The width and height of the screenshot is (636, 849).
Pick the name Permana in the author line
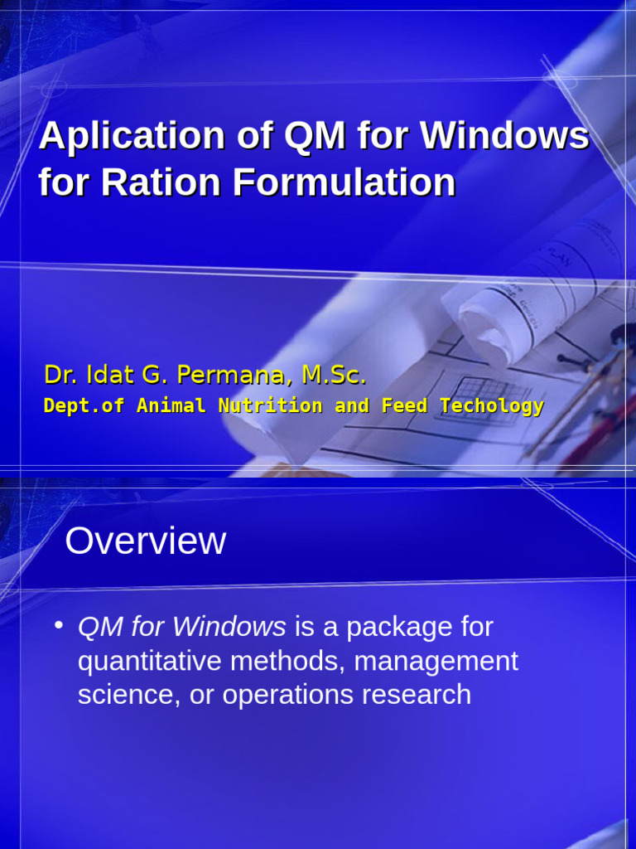point(229,376)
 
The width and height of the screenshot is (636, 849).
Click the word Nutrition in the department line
point(270,406)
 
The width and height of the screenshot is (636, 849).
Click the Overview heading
point(145,541)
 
